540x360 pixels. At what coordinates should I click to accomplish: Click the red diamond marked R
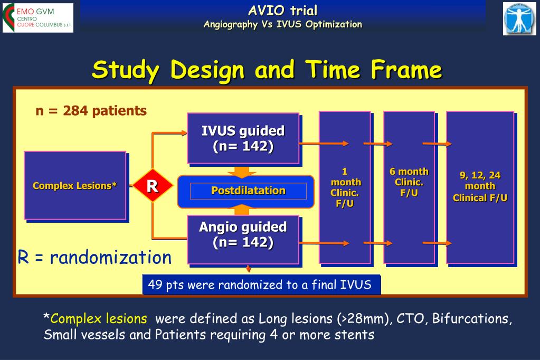153,186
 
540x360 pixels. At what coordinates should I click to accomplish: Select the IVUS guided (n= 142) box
243,138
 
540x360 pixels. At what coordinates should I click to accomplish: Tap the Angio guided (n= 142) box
243,240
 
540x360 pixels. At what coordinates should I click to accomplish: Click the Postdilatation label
248,191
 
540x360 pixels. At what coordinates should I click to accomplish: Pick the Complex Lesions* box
75,185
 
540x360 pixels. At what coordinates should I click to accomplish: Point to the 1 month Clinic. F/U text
345,187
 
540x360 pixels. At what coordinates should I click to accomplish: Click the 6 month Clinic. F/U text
409,182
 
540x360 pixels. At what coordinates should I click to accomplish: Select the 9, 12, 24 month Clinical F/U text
480,186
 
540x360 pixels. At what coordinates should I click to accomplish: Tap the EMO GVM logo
38,18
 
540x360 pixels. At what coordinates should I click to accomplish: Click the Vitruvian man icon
519,18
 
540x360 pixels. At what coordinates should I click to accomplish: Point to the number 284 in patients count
75,110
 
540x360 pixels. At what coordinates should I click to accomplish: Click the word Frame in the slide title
406,70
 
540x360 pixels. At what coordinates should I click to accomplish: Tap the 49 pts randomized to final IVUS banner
261,285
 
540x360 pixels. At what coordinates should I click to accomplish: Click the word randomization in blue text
110,258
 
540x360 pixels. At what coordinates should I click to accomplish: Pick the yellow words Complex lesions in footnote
99,319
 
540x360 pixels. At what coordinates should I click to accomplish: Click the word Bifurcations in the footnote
472,319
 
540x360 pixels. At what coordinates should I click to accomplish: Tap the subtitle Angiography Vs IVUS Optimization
283,24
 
